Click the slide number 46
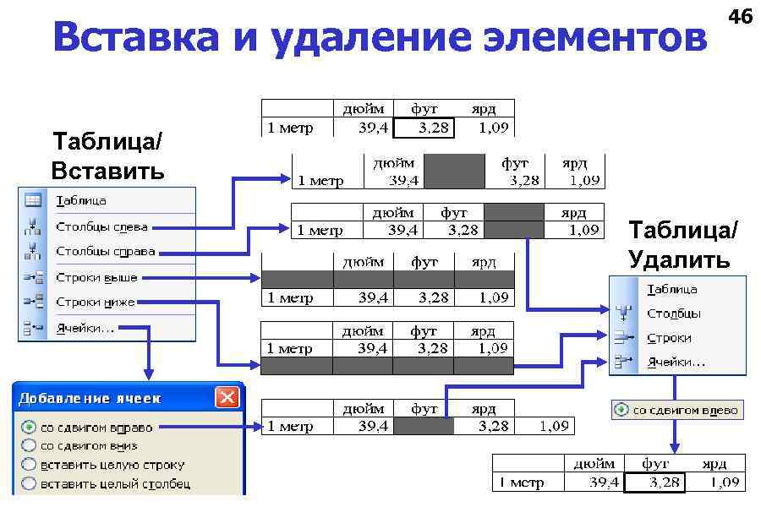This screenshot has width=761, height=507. tap(740, 16)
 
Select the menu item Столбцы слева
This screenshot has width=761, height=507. tap(101, 226)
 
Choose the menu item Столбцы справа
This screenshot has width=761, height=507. tap(105, 251)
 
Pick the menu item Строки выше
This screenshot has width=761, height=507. tap(96, 277)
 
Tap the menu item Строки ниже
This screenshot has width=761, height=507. tap(95, 302)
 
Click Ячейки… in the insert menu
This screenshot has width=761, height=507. tap(85, 327)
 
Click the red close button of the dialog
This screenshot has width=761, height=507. tap(226, 397)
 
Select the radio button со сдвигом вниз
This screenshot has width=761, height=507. tap(30, 445)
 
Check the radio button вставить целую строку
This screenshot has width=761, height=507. tap(30, 465)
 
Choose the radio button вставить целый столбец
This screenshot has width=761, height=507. tap(30, 484)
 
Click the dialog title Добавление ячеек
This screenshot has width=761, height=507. tap(90, 398)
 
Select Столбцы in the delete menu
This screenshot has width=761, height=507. tap(674, 313)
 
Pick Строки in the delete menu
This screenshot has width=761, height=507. tap(669, 338)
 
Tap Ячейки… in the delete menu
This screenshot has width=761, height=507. tap(676, 362)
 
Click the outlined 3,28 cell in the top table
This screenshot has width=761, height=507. tap(424, 128)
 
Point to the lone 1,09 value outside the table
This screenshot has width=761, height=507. tap(553, 426)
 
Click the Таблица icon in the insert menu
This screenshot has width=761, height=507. tap(32, 201)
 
